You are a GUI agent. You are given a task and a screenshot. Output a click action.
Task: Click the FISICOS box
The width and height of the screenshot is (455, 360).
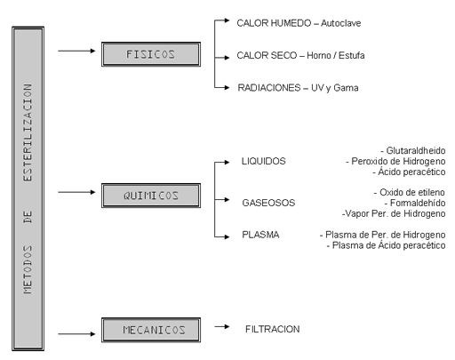click(x=151, y=54)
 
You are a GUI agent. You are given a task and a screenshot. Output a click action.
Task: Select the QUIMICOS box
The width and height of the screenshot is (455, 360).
click(x=151, y=196)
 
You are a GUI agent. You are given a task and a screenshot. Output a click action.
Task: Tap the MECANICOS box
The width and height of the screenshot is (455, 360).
click(x=151, y=330)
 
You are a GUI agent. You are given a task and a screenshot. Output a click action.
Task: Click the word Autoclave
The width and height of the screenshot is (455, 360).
click(x=340, y=23)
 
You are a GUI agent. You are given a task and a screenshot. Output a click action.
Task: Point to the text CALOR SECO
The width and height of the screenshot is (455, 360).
click(x=267, y=55)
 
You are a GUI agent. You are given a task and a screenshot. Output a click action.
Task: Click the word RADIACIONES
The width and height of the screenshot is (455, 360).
click(x=269, y=88)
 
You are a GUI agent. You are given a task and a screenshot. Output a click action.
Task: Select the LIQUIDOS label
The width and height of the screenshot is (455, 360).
click(x=264, y=161)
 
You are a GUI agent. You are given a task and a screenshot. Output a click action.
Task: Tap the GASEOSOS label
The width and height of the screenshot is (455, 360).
click(x=268, y=203)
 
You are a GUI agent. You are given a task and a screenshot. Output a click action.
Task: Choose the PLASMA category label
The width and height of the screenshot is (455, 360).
click(x=260, y=235)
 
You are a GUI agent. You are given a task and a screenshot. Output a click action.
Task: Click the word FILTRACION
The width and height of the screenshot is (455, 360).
click(x=273, y=329)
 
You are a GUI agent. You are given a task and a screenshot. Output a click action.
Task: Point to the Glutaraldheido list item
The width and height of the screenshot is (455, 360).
click(x=413, y=150)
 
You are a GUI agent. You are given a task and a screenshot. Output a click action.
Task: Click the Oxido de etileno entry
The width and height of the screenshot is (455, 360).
click(x=409, y=192)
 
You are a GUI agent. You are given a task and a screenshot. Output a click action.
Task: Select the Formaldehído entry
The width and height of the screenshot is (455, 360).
click(x=415, y=203)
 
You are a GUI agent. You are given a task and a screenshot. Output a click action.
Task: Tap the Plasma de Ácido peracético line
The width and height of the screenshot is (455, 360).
click(x=386, y=245)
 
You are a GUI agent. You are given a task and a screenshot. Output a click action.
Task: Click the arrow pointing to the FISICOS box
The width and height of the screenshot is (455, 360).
click(x=76, y=51)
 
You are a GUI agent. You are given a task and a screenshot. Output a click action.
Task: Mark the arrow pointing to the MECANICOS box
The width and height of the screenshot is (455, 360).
click(x=76, y=334)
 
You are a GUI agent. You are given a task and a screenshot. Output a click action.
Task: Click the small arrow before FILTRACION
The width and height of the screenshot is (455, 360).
click(x=222, y=326)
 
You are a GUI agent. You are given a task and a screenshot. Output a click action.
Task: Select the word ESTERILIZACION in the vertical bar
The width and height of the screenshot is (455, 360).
click(x=28, y=132)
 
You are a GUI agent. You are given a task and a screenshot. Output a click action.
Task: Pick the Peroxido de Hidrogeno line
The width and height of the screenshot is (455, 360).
click(x=395, y=161)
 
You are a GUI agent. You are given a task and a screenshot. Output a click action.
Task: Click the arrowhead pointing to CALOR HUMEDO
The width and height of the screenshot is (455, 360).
click(x=227, y=20)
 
